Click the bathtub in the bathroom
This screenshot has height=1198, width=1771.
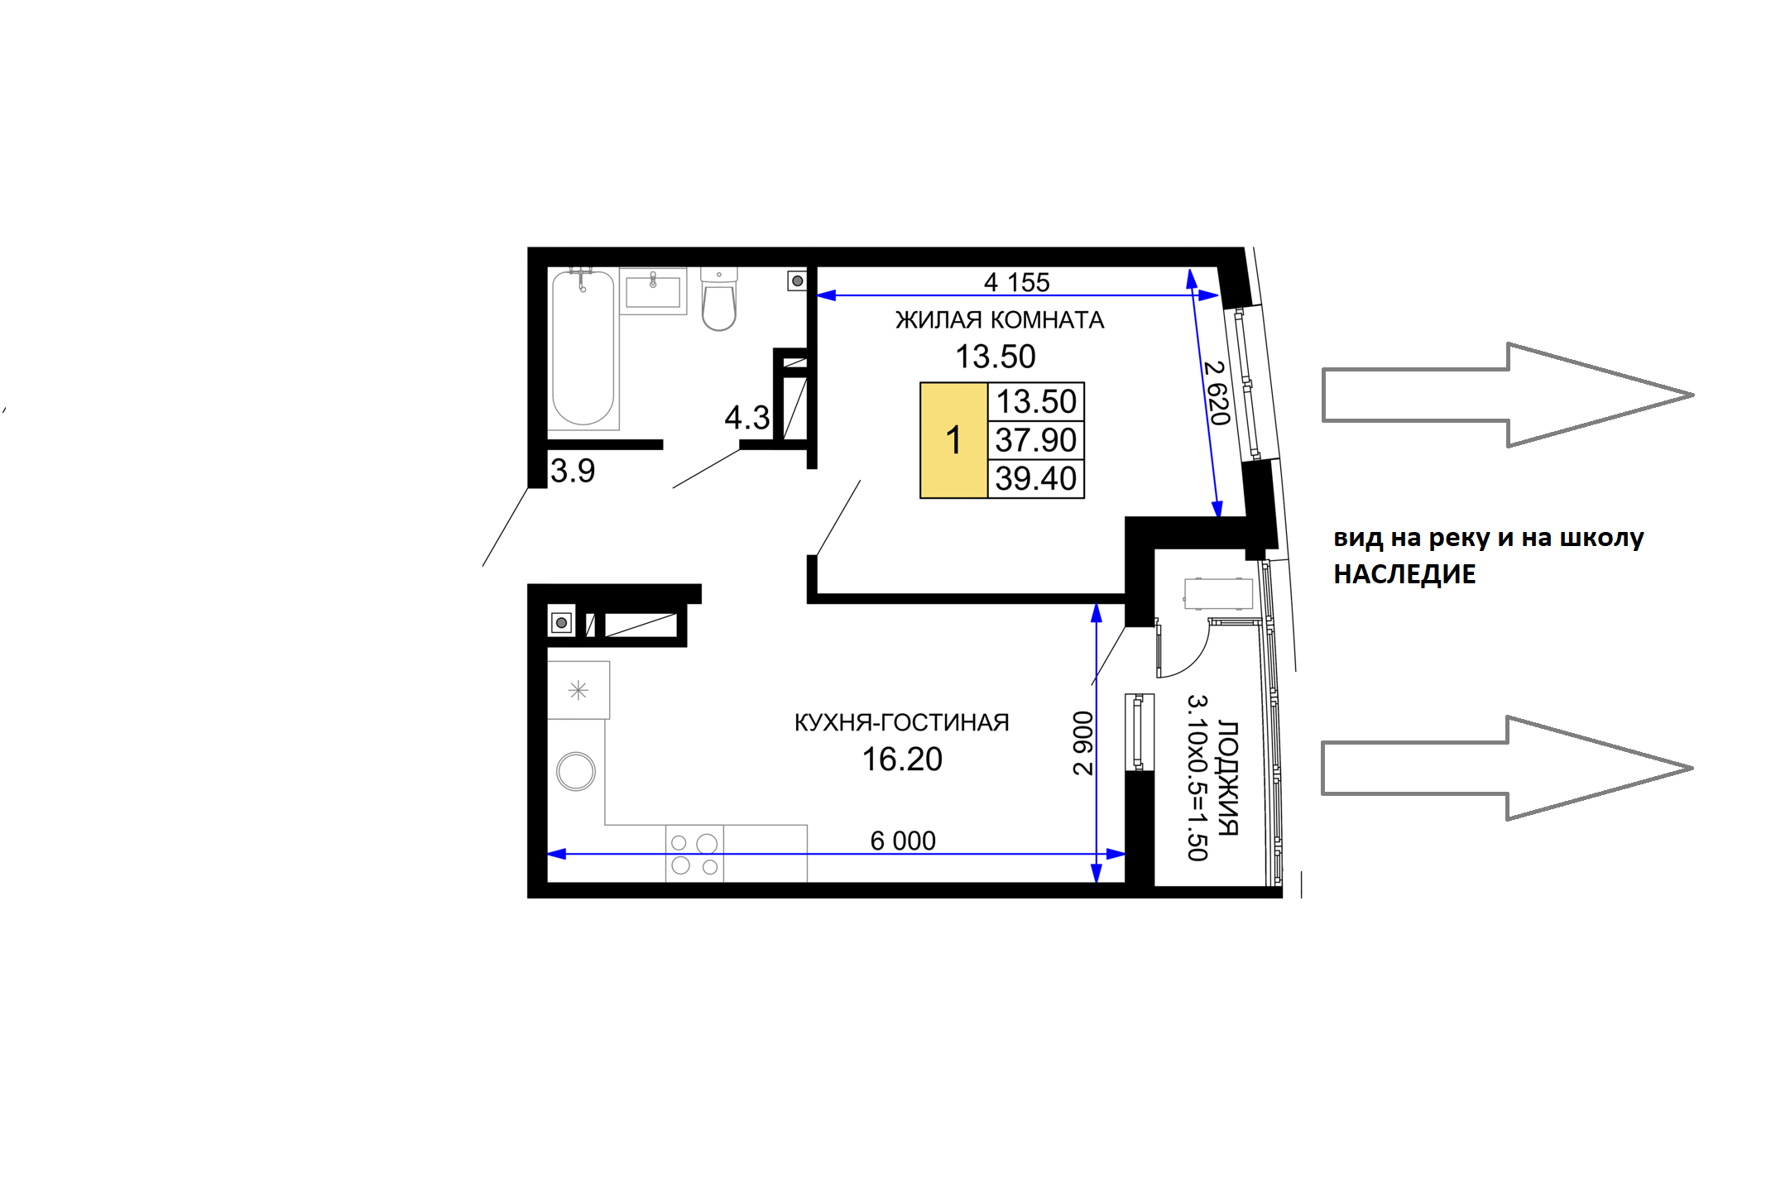tap(583, 347)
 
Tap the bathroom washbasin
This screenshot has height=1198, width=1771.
tap(653, 291)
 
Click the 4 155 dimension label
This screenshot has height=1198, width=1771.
tap(1016, 282)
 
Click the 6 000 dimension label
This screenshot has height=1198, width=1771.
tap(903, 841)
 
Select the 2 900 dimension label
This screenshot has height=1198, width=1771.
tap(1082, 743)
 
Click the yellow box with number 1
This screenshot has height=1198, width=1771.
tap(954, 440)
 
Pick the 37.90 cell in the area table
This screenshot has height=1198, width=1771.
tap(1036, 440)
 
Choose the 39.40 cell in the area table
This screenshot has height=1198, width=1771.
tap(1036, 478)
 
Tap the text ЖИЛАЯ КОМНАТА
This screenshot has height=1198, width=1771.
tap(1000, 320)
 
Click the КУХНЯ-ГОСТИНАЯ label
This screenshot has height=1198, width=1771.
tap(902, 722)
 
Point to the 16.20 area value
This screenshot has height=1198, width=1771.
tap(902, 760)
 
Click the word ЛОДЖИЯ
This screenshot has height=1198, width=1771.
tap(1228, 779)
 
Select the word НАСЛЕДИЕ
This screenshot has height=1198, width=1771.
tap(1404, 574)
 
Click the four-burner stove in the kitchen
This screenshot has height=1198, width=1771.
tap(695, 854)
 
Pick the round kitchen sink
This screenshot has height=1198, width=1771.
tap(576, 772)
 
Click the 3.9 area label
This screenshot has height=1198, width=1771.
tap(573, 471)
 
